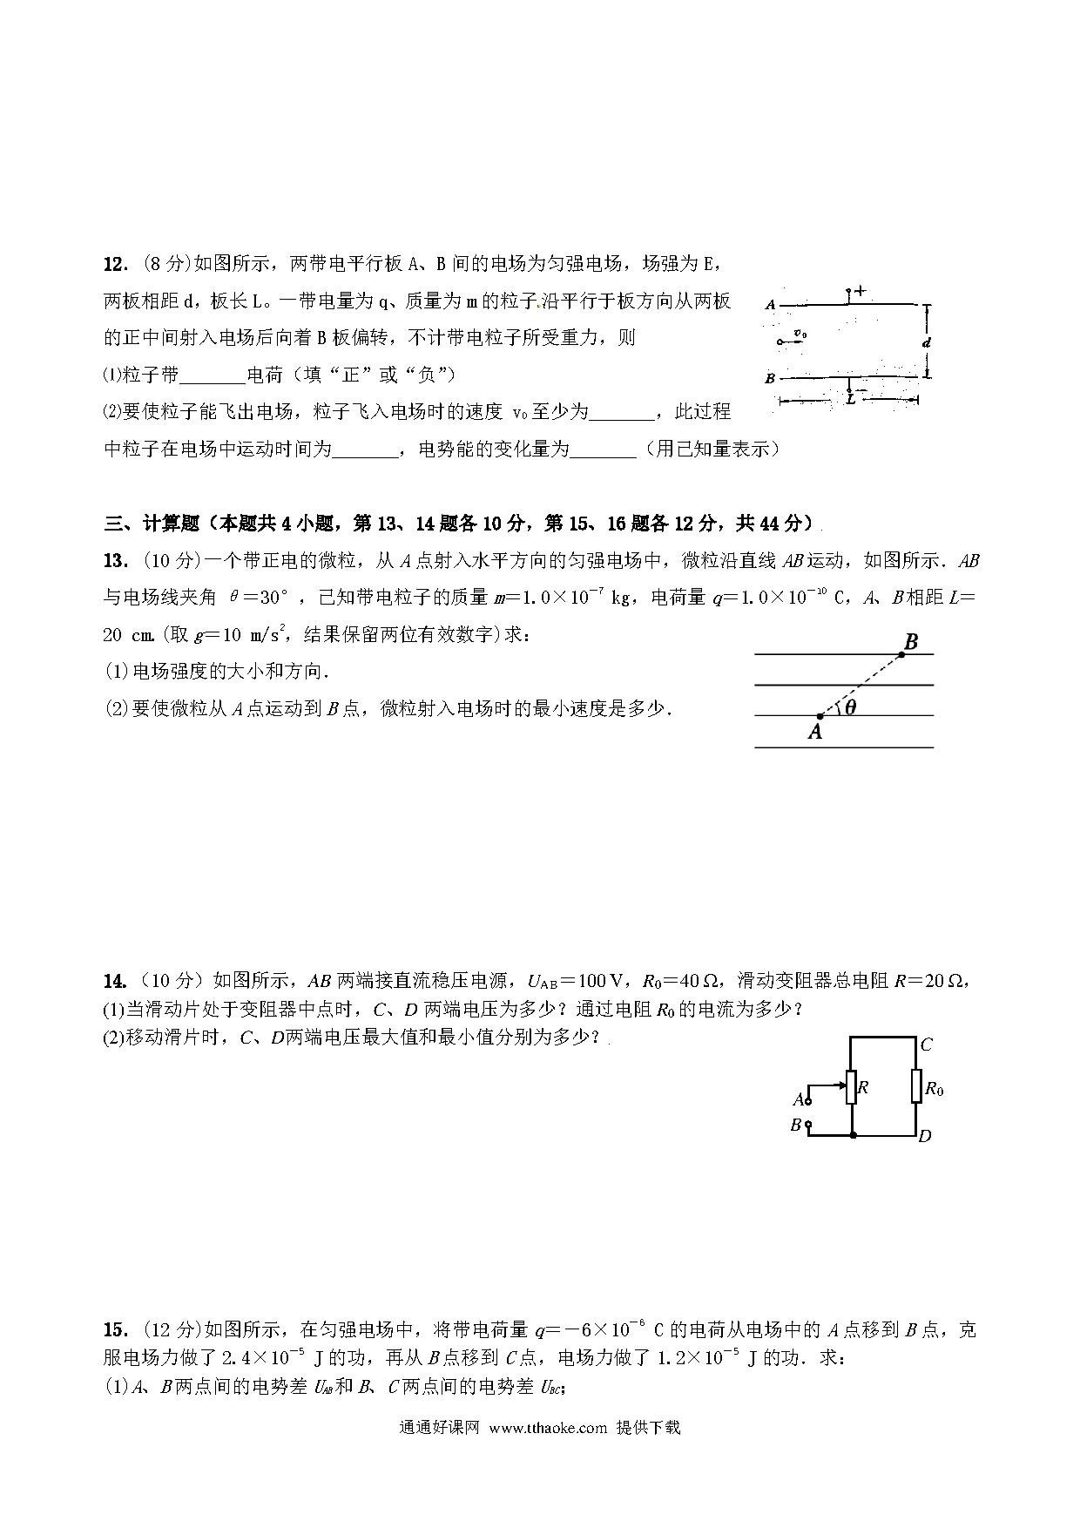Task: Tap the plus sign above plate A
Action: [x=861, y=292]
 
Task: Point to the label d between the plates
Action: [x=927, y=342]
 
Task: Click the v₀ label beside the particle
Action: [x=800, y=334]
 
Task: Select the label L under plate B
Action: [x=850, y=400]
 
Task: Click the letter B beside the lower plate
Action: [x=770, y=379]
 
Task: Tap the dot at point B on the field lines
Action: [x=901, y=654]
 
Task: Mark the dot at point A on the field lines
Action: [x=820, y=716]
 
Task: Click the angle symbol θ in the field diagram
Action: [x=851, y=707]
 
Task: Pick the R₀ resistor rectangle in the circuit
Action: [x=916, y=1087]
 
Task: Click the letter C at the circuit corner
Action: [x=927, y=1045]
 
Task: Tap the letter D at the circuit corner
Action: [x=925, y=1136]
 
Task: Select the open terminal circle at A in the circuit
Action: [x=808, y=1101]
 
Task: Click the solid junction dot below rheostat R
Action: [x=853, y=1135]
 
